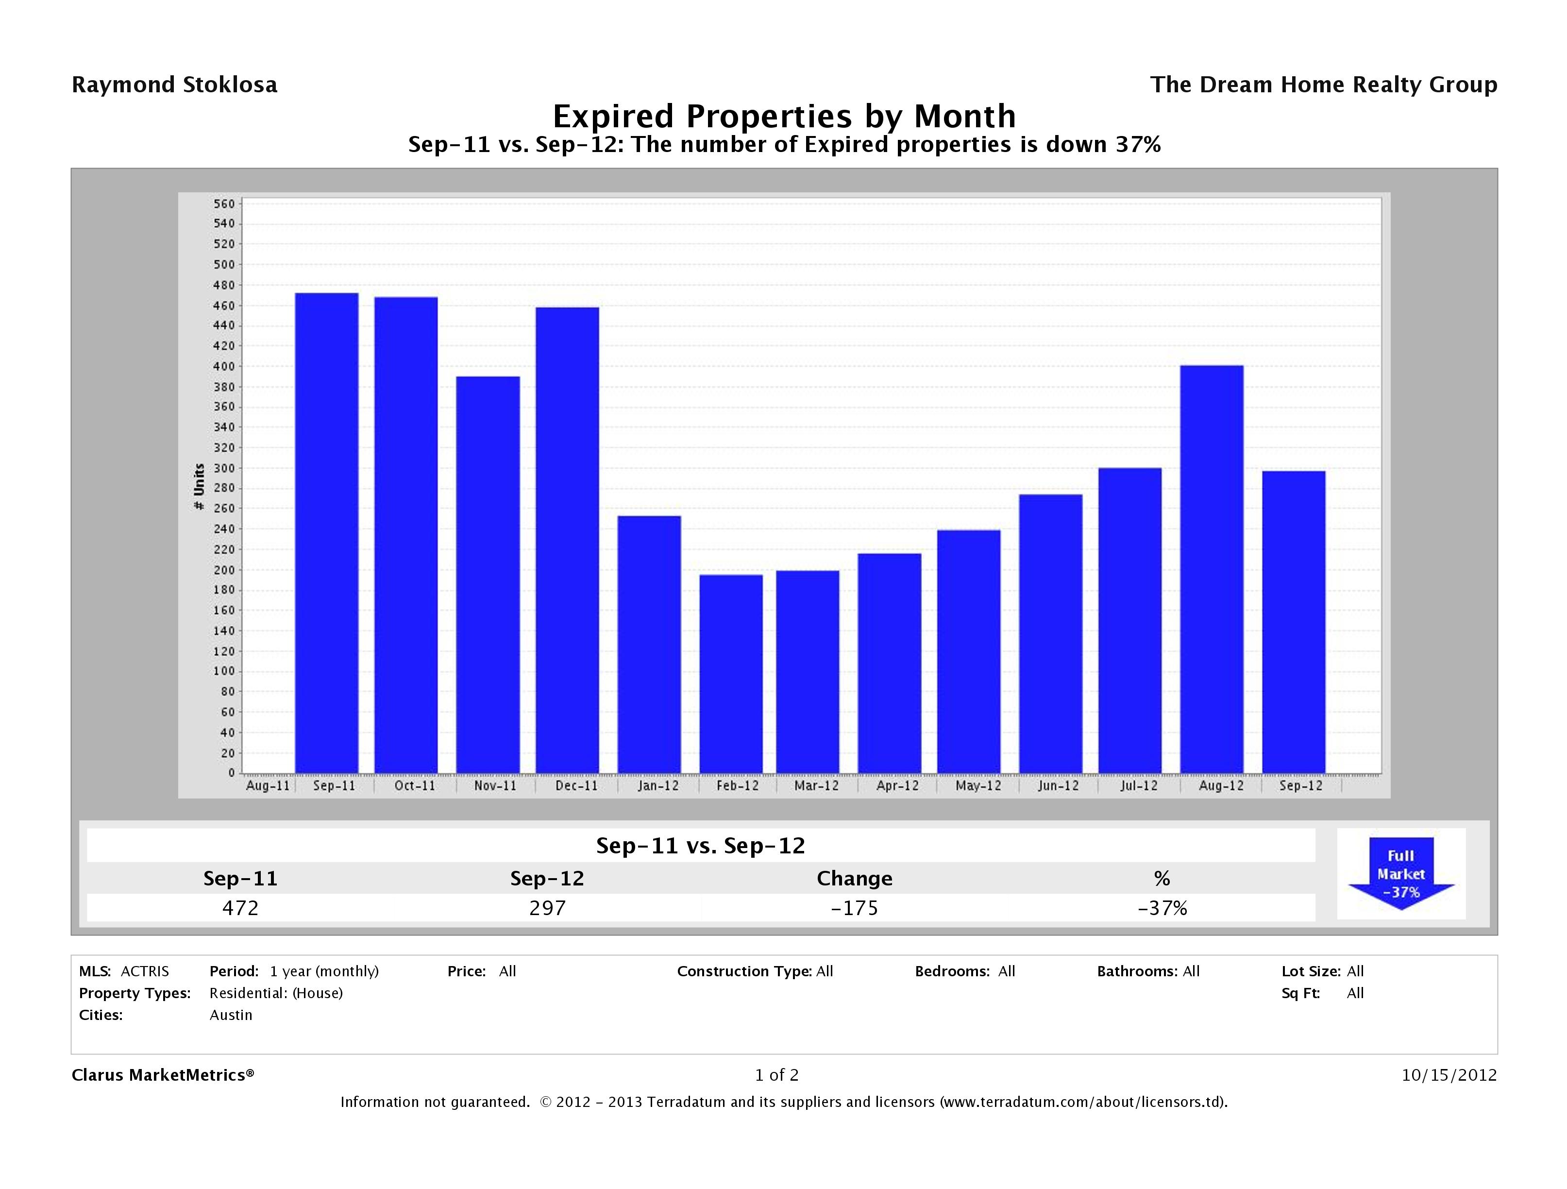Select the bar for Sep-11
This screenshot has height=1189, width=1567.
(x=327, y=533)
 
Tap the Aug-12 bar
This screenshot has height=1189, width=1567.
(x=1212, y=569)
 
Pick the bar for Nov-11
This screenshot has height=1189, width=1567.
(x=488, y=574)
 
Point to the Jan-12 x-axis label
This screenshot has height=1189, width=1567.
(x=657, y=786)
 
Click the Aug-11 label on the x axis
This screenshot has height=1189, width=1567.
(x=267, y=786)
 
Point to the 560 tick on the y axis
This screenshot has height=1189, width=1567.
(x=223, y=204)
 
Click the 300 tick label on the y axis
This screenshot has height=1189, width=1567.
(x=223, y=468)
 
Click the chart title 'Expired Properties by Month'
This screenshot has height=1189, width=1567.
(x=784, y=116)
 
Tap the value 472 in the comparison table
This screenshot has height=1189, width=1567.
(x=240, y=908)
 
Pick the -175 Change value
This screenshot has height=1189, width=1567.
(x=854, y=908)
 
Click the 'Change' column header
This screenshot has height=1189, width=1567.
(x=854, y=879)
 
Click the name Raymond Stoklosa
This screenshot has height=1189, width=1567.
(x=174, y=85)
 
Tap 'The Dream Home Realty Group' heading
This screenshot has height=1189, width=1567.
(x=1323, y=85)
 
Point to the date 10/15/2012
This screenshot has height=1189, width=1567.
(x=1449, y=1075)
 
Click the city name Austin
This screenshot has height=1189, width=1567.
(x=231, y=1015)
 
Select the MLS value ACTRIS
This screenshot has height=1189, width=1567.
(x=145, y=971)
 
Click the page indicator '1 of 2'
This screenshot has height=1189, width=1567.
(x=776, y=1075)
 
